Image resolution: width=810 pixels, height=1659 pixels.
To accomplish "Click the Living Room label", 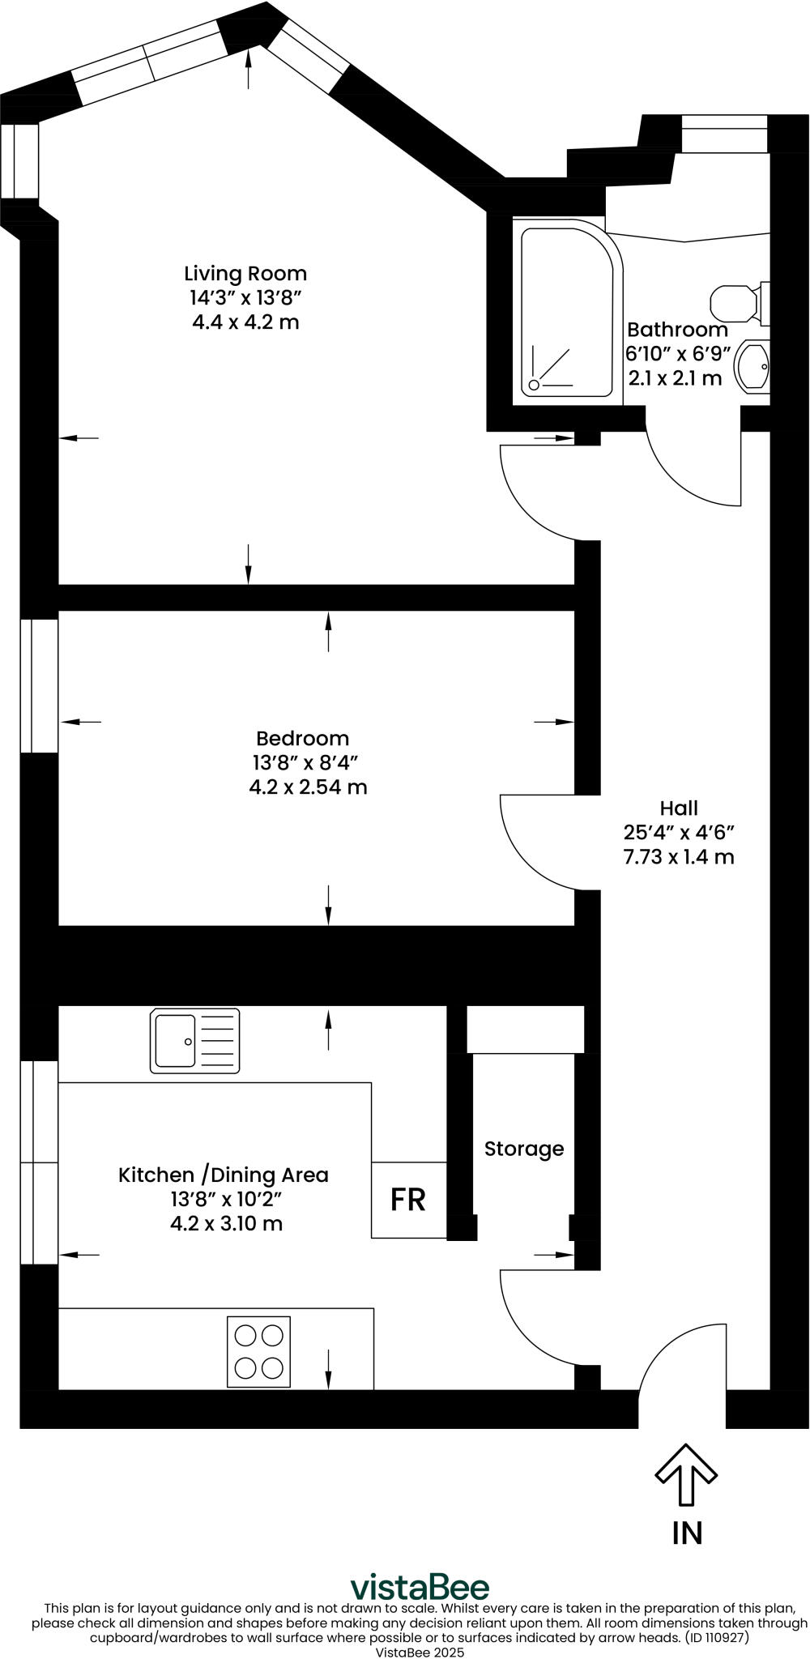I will point(245,273).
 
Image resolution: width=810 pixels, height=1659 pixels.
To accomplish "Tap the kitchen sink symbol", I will point(194,1040).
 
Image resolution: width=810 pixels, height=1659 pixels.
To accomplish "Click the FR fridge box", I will point(409,1200).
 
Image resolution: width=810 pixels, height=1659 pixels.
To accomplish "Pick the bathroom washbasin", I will point(752,367).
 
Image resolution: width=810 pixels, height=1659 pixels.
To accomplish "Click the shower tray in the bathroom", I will point(567,312).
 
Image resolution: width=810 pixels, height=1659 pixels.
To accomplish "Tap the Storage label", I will point(524,1149).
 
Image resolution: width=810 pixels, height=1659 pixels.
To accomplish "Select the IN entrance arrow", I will point(686,1474).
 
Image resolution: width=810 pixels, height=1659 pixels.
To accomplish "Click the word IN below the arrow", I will point(687,1533).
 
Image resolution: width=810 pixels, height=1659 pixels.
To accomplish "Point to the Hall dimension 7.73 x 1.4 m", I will point(679,857).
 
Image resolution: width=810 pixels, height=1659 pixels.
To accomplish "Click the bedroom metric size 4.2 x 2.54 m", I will point(308,787).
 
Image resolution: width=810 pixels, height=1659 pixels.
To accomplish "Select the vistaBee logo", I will point(420,1587).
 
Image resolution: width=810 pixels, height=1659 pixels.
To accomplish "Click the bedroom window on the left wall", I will point(39,685).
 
